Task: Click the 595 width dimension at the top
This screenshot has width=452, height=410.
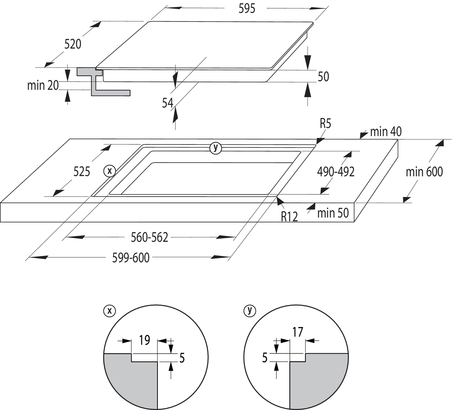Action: (247, 9)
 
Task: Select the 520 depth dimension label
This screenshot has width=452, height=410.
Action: (73, 44)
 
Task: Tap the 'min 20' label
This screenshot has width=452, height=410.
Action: (43, 85)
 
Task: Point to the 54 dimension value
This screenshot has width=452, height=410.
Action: (167, 102)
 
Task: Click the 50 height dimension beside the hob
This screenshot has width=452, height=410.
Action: (323, 77)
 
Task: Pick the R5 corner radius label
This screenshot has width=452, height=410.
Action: (325, 123)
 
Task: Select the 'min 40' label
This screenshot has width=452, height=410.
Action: (386, 132)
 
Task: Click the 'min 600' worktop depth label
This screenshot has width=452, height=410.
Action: (424, 172)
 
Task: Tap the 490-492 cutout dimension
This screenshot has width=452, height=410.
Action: (335, 172)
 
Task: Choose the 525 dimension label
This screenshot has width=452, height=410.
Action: (82, 172)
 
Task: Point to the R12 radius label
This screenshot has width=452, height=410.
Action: (289, 216)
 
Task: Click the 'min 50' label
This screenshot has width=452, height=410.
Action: (333, 213)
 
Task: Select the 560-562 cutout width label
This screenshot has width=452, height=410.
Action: (150, 237)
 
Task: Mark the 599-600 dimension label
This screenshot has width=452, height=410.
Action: (131, 258)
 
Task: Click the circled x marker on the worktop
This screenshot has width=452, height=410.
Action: (110, 170)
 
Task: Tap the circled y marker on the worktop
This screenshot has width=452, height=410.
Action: (216, 148)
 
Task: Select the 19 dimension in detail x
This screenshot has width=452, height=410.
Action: (144, 340)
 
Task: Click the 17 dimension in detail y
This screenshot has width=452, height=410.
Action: (298, 332)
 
